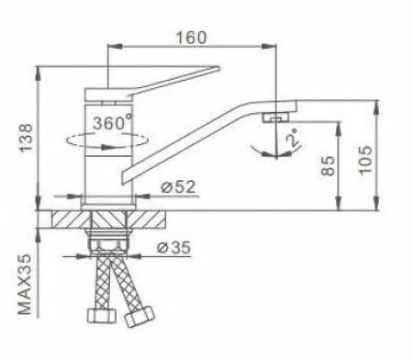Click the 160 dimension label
point(191,38)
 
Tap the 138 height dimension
point(26,138)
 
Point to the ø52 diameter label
point(178,186)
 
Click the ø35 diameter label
point(173,247)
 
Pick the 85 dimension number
point(328,165)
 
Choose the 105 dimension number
point(365,160)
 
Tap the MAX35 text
point(25,285)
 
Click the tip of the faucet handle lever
point(218,68)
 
